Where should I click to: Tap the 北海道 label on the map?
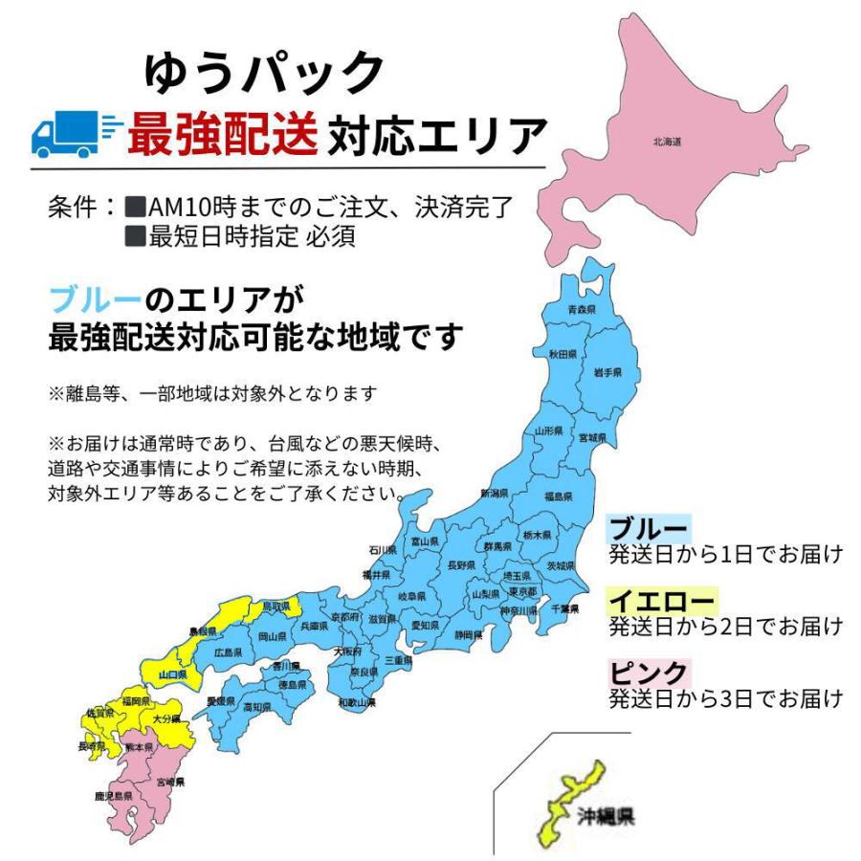667,143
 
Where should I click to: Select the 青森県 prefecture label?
582,309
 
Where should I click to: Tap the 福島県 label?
558,497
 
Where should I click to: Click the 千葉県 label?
565,608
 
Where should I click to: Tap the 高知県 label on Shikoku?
256,707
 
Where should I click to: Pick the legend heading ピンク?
649,673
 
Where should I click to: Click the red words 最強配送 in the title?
222,136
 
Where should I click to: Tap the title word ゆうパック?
264,72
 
